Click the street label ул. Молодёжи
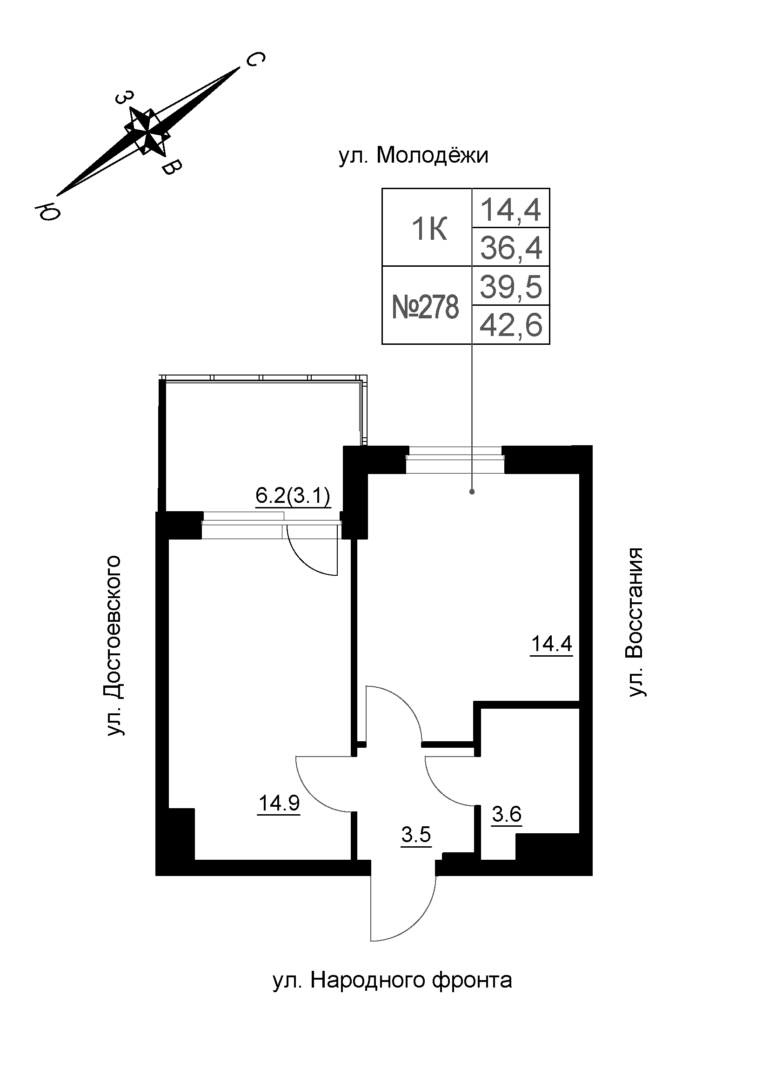click(x=413, y=155)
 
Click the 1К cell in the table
click(x=429, y=230)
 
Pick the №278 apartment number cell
click(x=426, y=307)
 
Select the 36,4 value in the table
click(x=511, y=248)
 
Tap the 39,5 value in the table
click(x=511, y=286)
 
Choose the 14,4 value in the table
click(x=511, y=209)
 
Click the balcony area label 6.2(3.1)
click(x=292, y=496)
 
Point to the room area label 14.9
click(x=279, y=803)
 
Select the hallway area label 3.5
click(x=416, y=835)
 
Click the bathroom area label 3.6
click(x=507, y=814)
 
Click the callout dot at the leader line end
click(x=472, y=492)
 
